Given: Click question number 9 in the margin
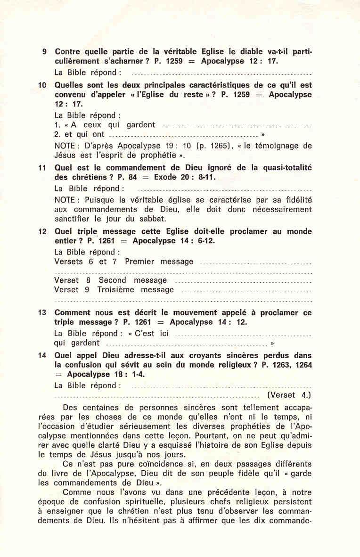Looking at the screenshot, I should (x=44, y=51).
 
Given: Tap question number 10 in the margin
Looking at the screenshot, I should (x=42, y=85).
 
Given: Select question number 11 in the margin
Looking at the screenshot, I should (x=42, y=168).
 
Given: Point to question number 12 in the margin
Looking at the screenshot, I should (x=42, y=232).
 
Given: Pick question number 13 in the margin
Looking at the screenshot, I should (x=42, y=313).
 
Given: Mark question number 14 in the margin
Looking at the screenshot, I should (x=42, y=356).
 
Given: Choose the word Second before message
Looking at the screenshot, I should (x=113, y=280).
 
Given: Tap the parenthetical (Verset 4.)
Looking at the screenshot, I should (x=289, y=395).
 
